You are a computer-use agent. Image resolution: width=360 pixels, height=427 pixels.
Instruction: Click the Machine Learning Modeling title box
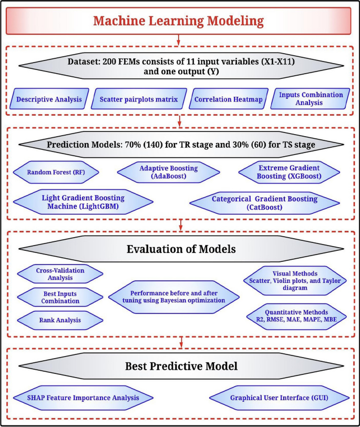pyautogui.click(x=179, y=21)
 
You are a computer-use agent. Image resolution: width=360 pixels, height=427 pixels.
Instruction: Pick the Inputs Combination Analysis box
pyautogui.click(x=310, y=99)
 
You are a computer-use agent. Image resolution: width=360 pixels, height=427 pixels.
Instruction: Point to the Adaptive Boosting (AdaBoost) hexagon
pyautogui.click(x=168, y=172)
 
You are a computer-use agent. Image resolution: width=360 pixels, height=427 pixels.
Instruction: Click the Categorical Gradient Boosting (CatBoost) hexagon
pyautogui.click(x=264, y=203)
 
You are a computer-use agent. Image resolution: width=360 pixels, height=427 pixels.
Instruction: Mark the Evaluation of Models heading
pyautogui.click(x=179, y=249)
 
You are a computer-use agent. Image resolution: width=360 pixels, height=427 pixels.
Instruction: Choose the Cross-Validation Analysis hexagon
pyautogui.click(x=60, y=273)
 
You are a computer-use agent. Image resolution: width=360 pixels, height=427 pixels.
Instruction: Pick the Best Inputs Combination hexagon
pyautogui.click(x=60, y=297)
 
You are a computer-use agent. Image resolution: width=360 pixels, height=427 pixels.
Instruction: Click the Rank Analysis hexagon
pyautogui.click(x=60, y=319)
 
